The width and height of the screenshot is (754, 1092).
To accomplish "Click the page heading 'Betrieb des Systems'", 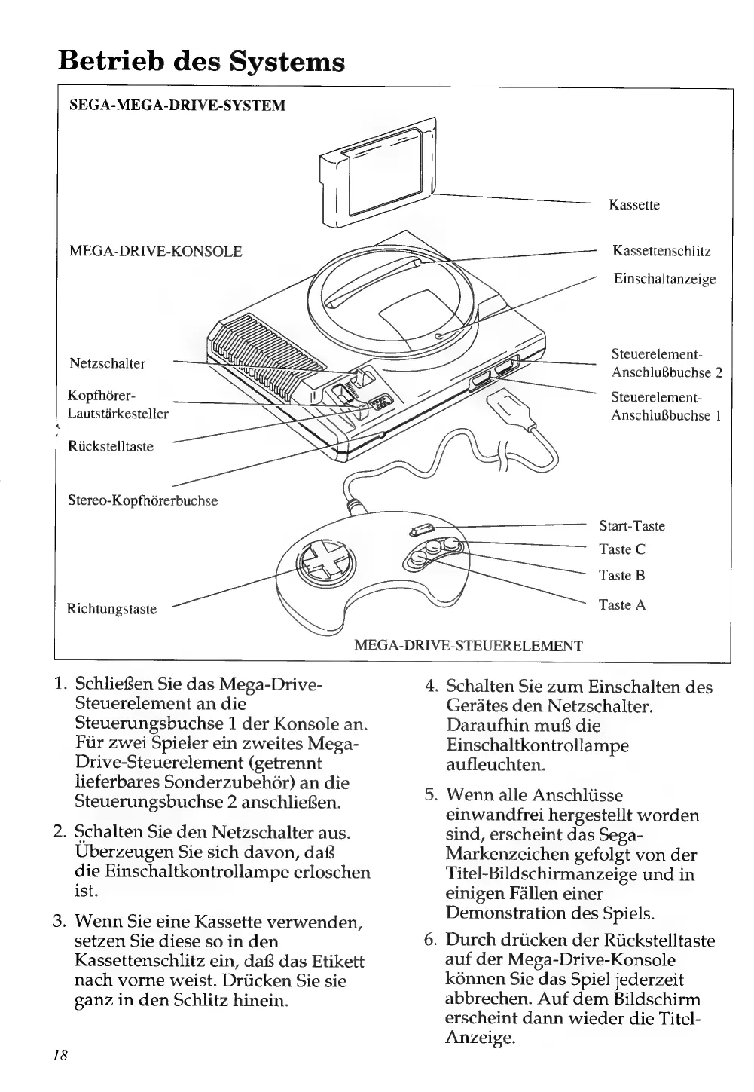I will coord(202,60).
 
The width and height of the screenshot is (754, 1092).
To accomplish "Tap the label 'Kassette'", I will coord(633,205).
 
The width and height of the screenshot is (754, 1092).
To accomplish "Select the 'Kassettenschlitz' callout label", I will coord(661,251).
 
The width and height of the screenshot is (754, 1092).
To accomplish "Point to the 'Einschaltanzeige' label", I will coord(664,279).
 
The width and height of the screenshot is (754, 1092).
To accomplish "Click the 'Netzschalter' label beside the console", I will coord(107,363).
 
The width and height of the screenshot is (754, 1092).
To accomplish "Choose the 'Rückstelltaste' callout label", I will coord(110,446).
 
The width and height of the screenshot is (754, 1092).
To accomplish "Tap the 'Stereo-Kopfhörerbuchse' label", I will coord(142,500).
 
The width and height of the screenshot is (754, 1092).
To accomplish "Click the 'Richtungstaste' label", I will coord(111,609).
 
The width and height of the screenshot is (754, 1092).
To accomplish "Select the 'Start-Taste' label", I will coord(631,526).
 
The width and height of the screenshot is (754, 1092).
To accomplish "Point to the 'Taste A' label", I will coord(621,604).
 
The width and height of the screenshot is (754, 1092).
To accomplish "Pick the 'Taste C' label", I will coord(621,549).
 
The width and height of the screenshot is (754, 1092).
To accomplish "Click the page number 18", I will coord(60,1055).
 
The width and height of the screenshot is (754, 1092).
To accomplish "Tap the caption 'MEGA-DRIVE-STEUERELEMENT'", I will coord(468,646).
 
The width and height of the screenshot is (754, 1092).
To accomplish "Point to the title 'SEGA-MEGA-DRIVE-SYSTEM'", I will coord(177,106).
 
